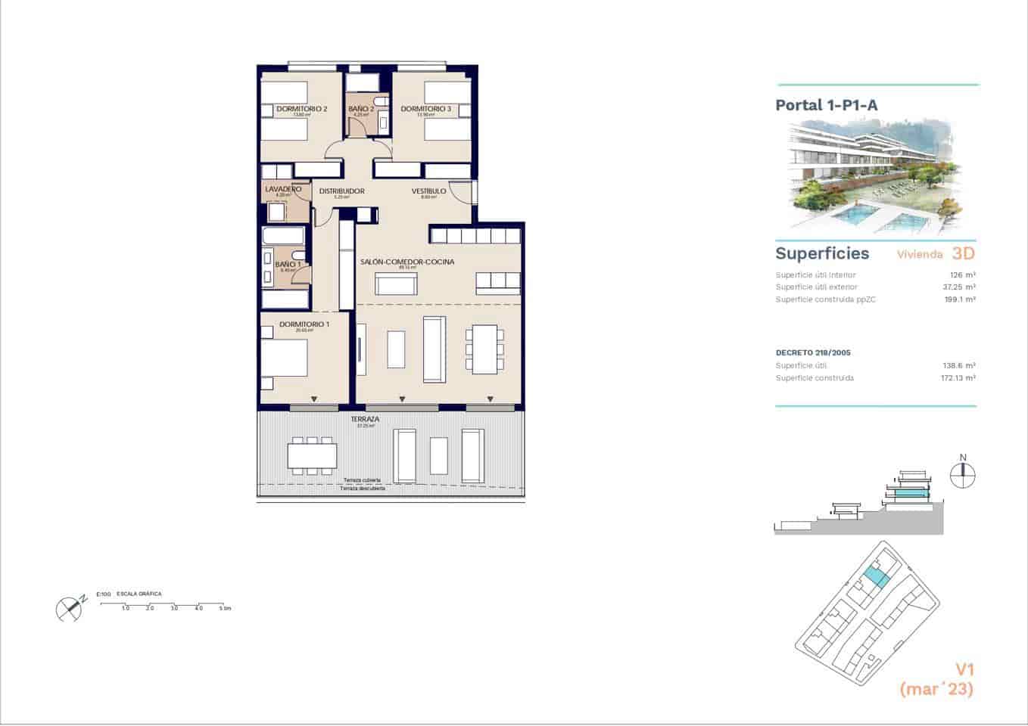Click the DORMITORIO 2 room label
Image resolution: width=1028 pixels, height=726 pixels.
[301, 109]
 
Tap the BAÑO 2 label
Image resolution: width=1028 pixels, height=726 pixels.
[361, 109]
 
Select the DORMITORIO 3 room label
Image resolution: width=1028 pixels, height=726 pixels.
[425, 109]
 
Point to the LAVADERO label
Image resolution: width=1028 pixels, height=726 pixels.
[283, 189]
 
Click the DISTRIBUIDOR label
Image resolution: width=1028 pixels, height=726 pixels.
[341, 191]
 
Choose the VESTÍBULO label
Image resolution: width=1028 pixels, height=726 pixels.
[428, 191]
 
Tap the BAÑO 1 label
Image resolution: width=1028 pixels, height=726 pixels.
[288, 264]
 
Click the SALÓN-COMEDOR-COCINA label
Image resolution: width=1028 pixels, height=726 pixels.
[407, 262]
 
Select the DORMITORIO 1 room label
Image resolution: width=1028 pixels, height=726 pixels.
[304, 324]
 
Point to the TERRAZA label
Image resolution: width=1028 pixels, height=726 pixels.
[365, 419]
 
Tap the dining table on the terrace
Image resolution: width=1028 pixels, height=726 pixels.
[312, 456]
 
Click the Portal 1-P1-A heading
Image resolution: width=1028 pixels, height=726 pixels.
[826, 105]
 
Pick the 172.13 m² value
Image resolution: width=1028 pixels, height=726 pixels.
[958, 378]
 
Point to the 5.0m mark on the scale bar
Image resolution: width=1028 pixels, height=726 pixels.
[224, 608]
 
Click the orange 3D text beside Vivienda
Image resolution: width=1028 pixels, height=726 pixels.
[962, 253]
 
